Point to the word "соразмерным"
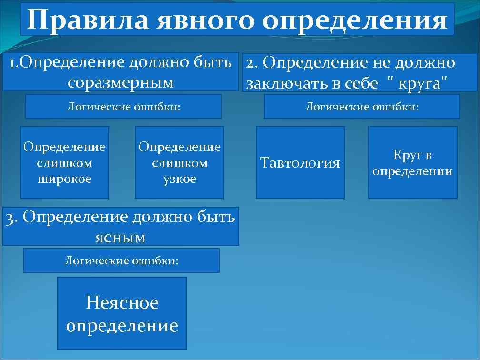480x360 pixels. (x=120, y=82)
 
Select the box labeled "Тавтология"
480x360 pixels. (x=300, y=163)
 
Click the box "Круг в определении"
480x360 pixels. (x=412, y=163)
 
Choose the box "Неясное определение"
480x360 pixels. (x=122, y=314)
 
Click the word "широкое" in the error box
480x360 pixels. (x=64, y=179)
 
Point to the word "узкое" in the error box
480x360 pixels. (x=180, y=179)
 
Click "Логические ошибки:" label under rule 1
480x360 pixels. (x=123, y=106)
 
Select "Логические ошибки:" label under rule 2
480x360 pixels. (x=361, y=106)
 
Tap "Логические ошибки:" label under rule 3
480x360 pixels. (x=121, y=260)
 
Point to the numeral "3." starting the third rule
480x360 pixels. (x=11, y=218)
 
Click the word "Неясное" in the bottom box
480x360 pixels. (x=122, y=302)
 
